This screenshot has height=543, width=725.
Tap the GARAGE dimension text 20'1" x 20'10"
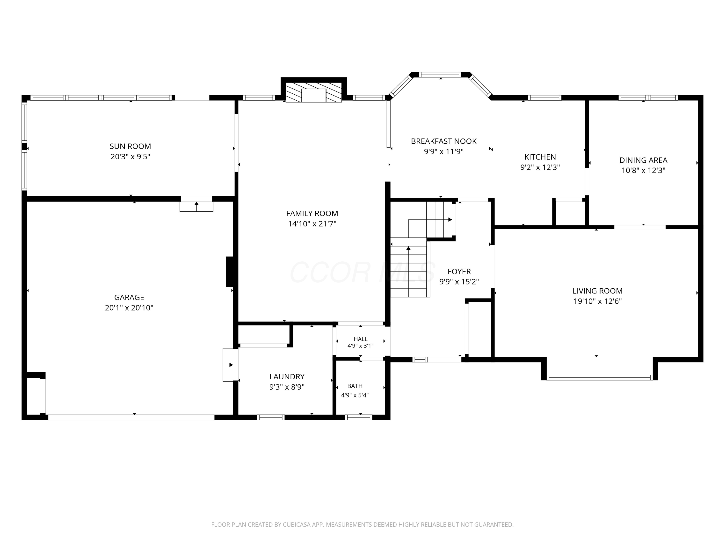129,308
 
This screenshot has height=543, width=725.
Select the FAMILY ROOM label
312,213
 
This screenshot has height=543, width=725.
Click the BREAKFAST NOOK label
444,141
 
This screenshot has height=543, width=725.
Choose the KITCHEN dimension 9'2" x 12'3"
540,167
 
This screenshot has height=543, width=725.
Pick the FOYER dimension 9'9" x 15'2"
459,281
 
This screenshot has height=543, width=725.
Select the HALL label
361,339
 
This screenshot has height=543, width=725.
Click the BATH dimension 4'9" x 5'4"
355,395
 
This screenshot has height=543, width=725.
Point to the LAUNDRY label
287,377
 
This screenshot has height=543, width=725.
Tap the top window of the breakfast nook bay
441,75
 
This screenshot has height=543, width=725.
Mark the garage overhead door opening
131,417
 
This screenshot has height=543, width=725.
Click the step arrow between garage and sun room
196,206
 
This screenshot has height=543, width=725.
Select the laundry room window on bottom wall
271,417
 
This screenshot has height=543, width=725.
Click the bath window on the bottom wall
359,417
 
